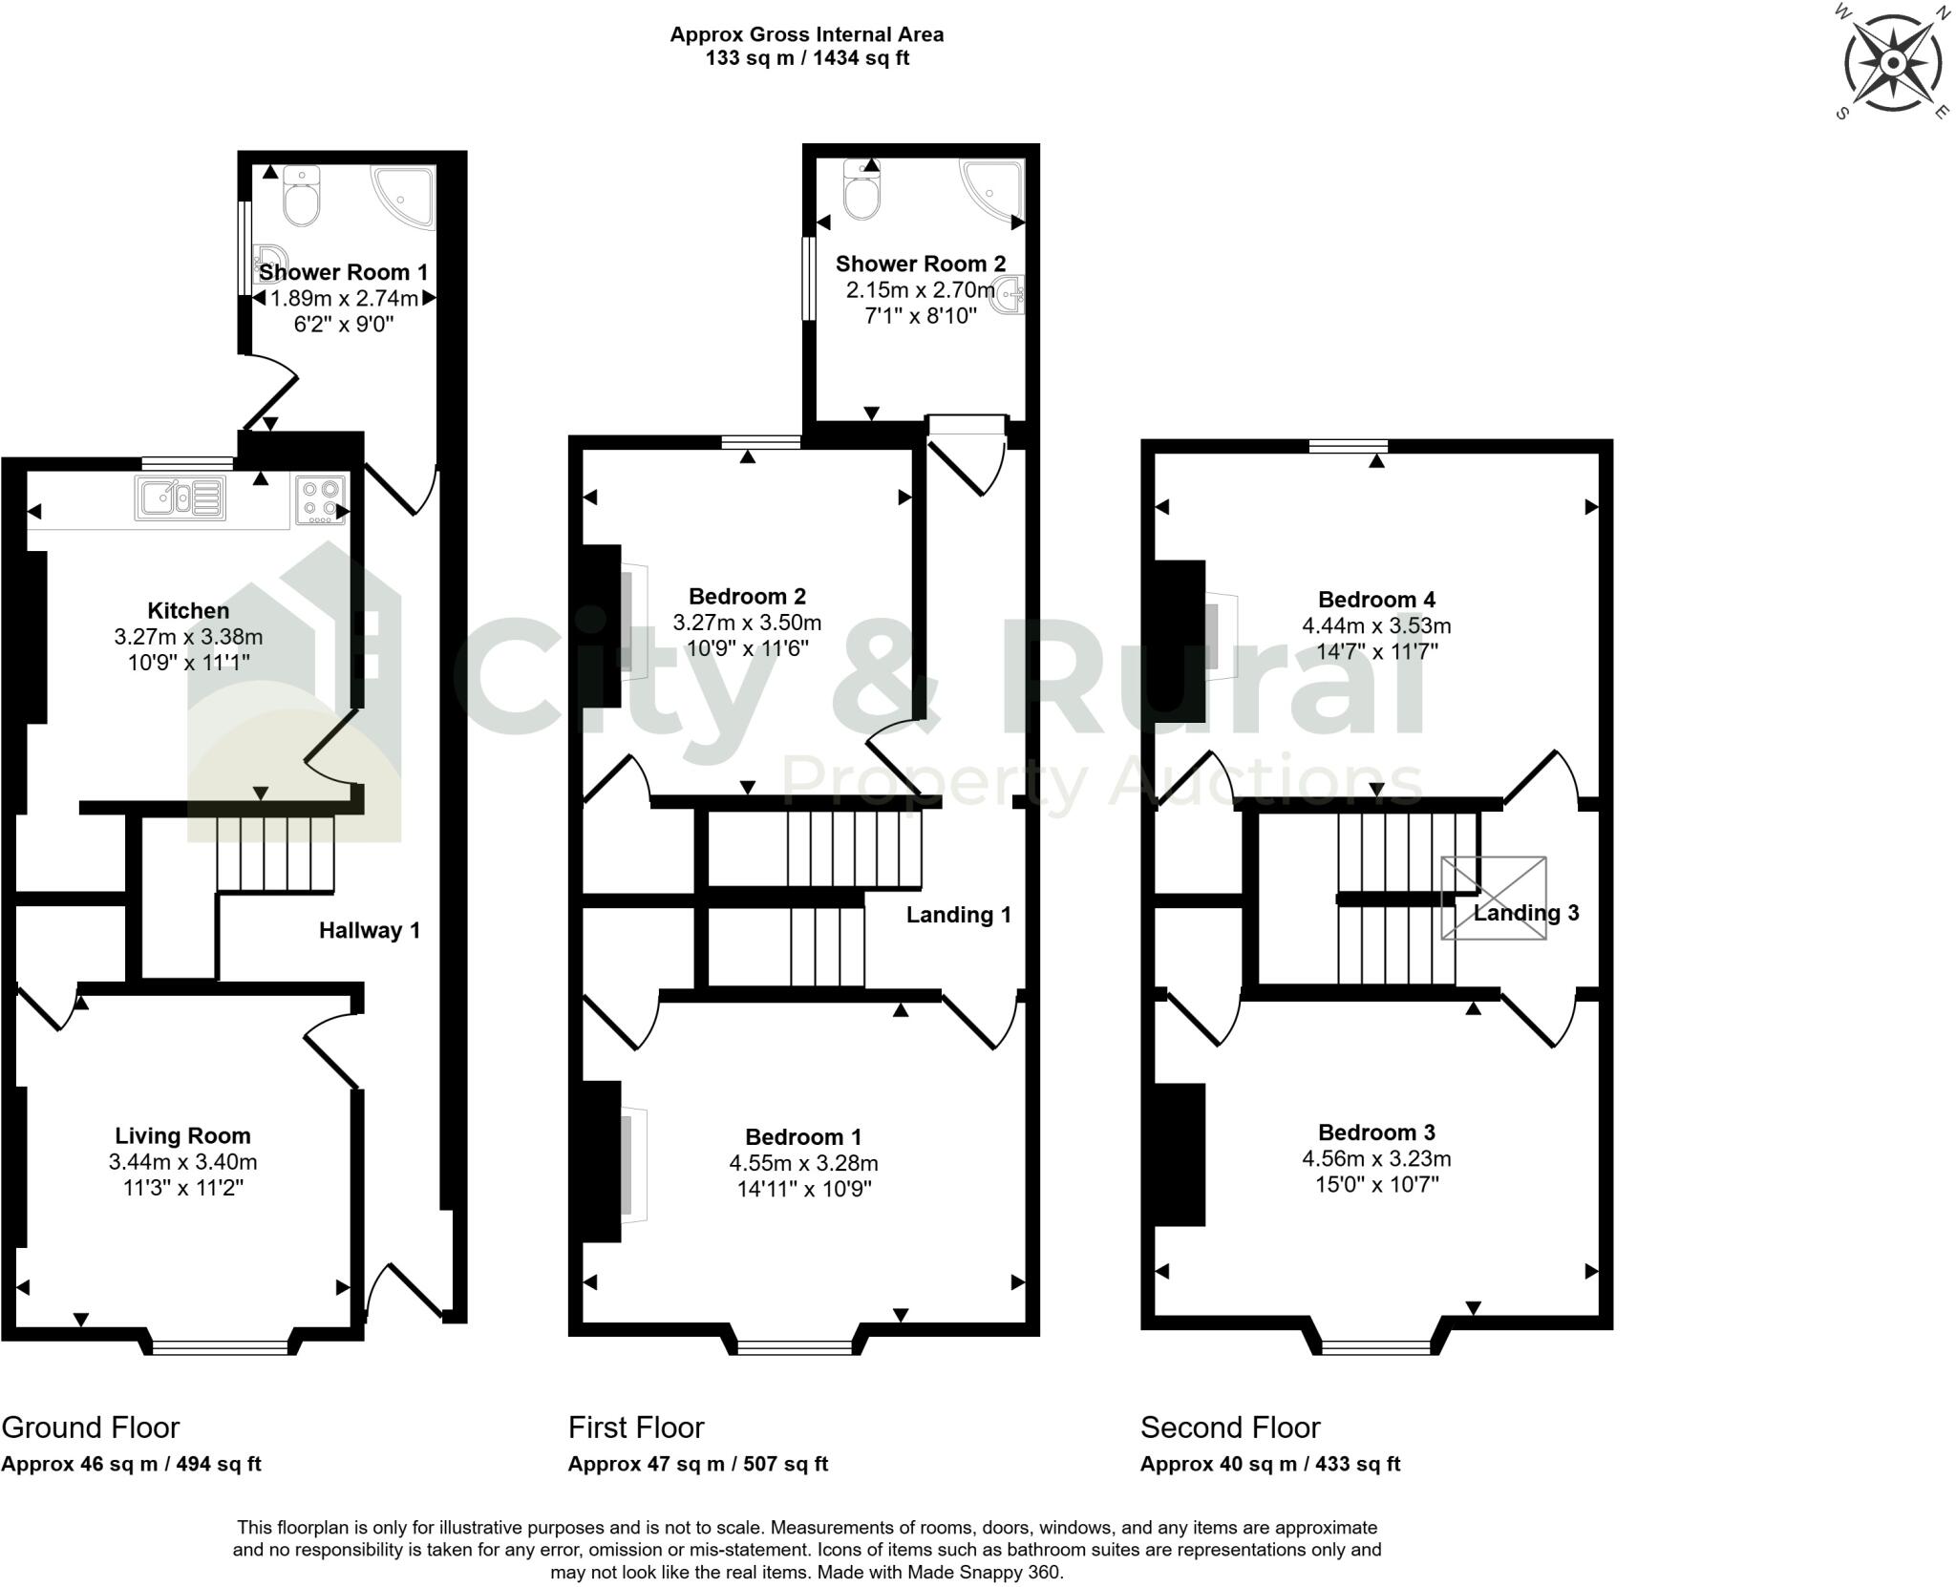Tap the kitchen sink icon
(x=181, y=498)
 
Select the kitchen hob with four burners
(x=320, y=499)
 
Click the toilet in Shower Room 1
(x=302, y=198)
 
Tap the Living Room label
(x=182, y=1135)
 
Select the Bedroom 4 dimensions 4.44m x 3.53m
(x=1375, y=625)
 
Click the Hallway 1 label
(x=369, y=930)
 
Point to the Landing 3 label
(x=1525, y=913)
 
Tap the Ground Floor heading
(x=90, y=1428)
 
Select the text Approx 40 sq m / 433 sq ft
(x=1269, y=1464)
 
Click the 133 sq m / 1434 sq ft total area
(x=807, y=58)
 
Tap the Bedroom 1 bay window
(x=796, y=1347)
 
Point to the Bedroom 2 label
(x=747, y=597)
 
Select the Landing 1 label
(x=958, y=915)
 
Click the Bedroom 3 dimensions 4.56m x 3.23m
(x=1375, y=1158)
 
